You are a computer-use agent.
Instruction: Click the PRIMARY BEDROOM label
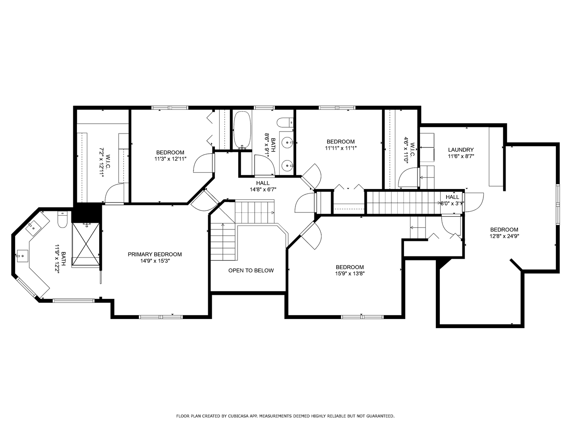point(155,254)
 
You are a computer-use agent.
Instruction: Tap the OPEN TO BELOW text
point(251,271)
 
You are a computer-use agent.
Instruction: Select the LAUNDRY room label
point(461,150)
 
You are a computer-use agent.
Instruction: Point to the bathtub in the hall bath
point(242,130)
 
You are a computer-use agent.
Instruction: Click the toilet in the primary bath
point(62,220)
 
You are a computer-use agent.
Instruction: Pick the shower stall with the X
point(86,245)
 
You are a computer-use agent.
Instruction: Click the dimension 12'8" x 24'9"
point(504,236)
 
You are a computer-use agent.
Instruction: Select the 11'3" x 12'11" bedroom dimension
point(170,159)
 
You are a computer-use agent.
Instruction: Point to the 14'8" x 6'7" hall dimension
point(263,190)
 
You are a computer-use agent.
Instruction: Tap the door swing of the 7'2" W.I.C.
point(115,193)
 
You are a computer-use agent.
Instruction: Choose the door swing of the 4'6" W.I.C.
point(408,178)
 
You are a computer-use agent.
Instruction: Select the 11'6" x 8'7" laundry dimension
point(461,157)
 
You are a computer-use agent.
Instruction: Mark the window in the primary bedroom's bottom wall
point(161,317)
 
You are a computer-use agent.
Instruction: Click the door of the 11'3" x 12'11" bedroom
point(204,163)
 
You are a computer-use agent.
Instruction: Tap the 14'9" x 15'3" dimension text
point(155,261)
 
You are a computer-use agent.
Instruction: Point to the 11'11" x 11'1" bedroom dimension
point(341,148)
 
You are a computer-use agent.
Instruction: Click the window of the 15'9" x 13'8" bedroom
point(362,317)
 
